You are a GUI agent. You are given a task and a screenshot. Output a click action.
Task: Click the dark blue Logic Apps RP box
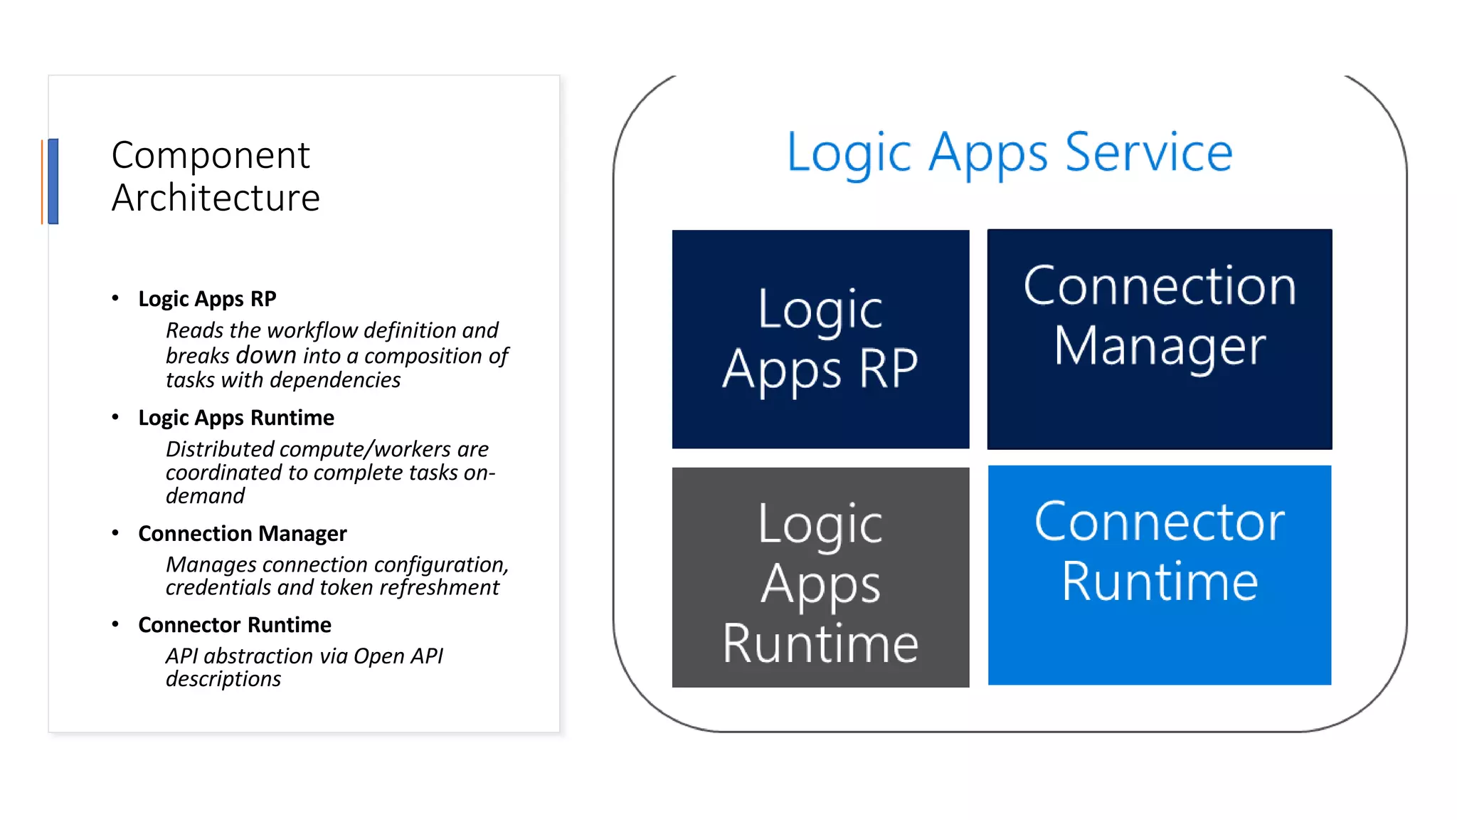pos(820,339)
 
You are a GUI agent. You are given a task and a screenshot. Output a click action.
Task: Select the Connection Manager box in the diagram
pos(1159,339)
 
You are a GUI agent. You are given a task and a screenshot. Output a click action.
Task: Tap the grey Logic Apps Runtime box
pos(820,577)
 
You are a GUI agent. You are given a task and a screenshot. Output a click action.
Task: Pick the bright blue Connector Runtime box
pos(1159,575)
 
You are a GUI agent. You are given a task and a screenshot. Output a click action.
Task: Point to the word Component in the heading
pos(211,156)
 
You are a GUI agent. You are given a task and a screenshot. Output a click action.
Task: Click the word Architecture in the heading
pos(216,198)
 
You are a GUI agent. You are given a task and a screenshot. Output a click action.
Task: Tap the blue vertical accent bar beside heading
pos(53,182)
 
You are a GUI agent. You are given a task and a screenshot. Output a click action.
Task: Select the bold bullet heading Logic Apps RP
pos(207,299)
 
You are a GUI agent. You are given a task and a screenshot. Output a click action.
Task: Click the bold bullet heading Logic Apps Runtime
pos(235,418)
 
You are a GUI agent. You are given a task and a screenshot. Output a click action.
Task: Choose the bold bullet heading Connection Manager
pos(242,534)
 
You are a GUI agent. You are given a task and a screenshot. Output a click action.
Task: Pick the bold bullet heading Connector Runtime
pos(234,625)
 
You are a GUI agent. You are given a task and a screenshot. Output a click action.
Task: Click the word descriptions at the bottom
pos(223,680)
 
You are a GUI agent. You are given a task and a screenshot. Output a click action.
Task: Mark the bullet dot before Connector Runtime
pos(115,624)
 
